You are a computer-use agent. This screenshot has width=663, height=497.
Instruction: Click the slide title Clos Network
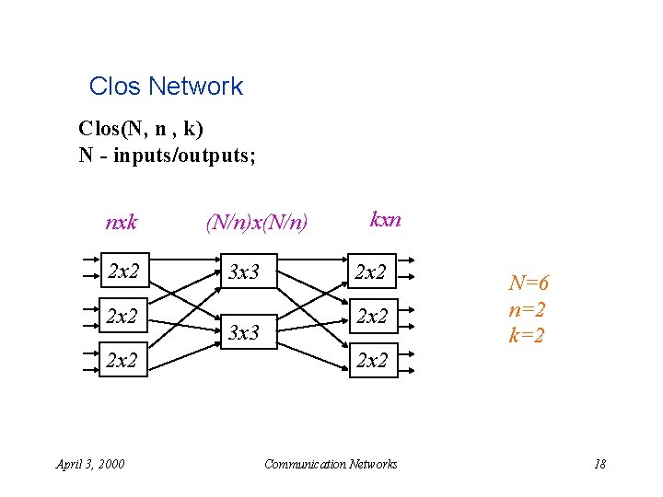166,87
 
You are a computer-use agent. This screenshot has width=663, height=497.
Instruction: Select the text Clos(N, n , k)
141,127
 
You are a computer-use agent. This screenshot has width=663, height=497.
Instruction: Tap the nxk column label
122,222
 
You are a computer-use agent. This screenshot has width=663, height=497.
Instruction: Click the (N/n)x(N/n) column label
257,222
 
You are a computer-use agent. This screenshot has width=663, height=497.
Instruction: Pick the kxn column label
385,219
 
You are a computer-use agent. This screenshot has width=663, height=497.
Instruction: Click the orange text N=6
529,284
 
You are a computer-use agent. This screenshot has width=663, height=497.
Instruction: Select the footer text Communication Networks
331,463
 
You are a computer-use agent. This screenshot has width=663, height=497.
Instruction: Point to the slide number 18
599,463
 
